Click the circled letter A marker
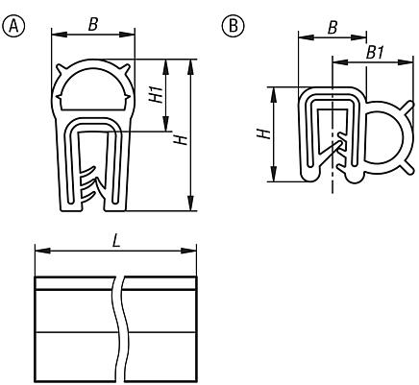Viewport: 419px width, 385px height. [13, 26]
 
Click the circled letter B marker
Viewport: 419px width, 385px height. [233, 26]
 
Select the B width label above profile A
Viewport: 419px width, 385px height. [93, 24]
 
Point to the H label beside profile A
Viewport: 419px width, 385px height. [181, 139]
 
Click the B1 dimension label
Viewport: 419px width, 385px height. [375, 53]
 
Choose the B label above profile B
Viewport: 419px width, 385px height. [333, 28]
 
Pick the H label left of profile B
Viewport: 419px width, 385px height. [264, 133]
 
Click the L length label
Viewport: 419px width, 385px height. [116, 241]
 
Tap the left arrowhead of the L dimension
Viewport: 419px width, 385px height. [42, 251]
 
